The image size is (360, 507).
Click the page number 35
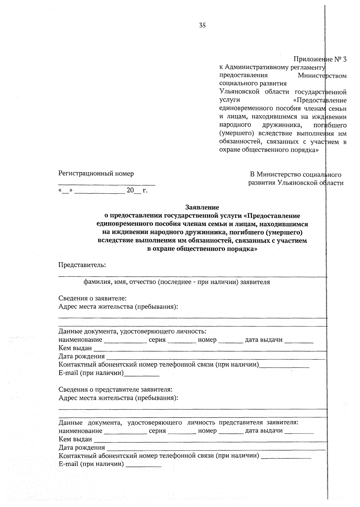pos(202,26)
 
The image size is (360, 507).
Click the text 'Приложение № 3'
pos(320,59)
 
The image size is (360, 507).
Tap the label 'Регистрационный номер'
pos(96,173)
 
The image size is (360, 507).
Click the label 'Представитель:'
pos(82,265)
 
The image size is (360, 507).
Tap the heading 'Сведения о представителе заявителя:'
pos(115,389)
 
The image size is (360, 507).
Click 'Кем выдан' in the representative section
pos(75,439)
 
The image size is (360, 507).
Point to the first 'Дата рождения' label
pos(82,356)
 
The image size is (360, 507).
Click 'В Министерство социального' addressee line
pos(295,174)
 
